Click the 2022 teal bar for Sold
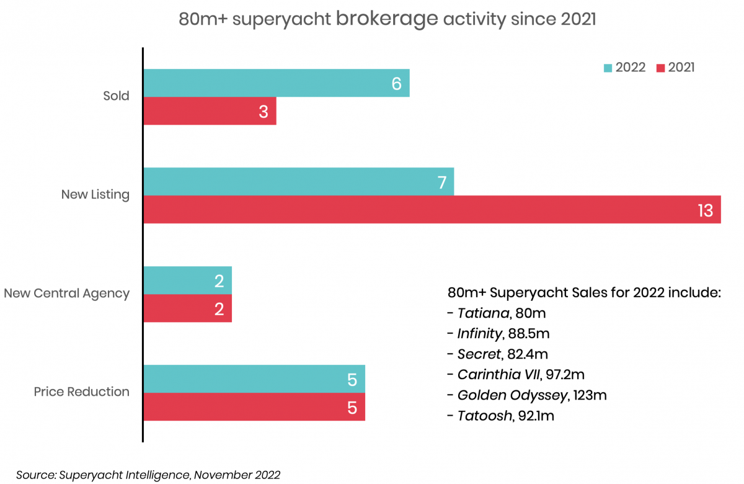(x=277, y=83)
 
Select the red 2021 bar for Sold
(x=210, y=111)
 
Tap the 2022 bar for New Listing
(x=299, y=181)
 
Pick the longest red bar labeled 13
(x=432, y=210)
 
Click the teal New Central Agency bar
(x=188, y=280)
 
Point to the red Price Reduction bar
(x=254, y=407)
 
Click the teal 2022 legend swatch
(x=608, y=68)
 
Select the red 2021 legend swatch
(x=661, y=68)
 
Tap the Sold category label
(x=116, y=96)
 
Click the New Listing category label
(x=95, y=194)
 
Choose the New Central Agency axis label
(x=67, y=293)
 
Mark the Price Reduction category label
(x=82, y=392)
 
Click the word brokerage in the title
(x=387, y=19)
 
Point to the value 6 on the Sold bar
(x=397, y=83)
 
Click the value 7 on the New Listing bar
(x=442, y=182)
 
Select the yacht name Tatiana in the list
(x=483, y=313)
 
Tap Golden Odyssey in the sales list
(x=512, y=395)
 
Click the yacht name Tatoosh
(x=485, y=416)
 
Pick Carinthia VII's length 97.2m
(x=565, y=375)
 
